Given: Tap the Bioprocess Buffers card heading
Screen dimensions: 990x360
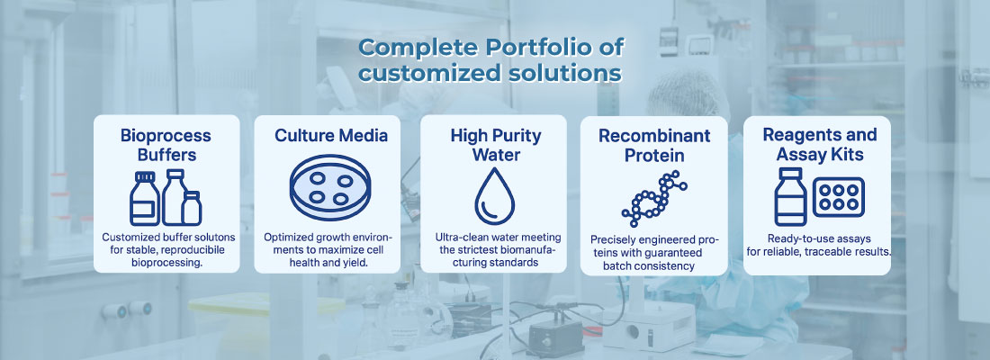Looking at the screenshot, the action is click(x=166, y=145).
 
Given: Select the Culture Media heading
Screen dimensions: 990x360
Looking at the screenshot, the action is click(x=331, y=135).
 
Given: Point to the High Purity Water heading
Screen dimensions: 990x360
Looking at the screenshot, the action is click(x=496, y=145).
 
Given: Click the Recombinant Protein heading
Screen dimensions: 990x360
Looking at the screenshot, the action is click(x=654, y=145).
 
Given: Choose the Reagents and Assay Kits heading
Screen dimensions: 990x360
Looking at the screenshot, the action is click(x=820, y=145).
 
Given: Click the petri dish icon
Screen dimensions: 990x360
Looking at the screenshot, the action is click(x=330, y=188).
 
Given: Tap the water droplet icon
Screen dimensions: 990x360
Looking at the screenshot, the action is click(x=494, y=196).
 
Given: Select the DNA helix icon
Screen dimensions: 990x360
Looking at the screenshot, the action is click(x=654, y=199).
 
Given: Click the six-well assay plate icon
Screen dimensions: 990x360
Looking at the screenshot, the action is click(x=839, y=197).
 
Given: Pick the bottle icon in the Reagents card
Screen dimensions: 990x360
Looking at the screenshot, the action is click(x=790, y=196).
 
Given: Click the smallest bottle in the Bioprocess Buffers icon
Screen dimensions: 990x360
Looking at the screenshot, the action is click(x=192, y=209).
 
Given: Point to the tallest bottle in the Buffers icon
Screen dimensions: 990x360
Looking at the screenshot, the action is click(x=174, y=197).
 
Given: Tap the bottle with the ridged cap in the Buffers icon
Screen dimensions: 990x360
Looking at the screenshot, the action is click(x=145, y=198).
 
